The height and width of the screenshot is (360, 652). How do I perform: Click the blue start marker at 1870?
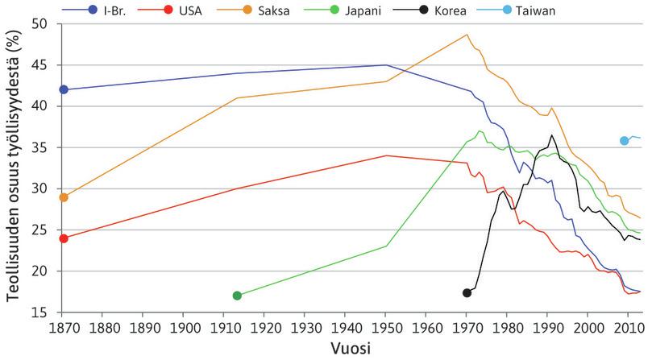click(64, 89)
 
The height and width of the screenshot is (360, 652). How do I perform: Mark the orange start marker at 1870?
click(64, 197)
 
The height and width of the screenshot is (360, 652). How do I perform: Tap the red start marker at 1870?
click(64, 238)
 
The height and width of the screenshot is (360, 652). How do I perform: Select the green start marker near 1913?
click(237, 296)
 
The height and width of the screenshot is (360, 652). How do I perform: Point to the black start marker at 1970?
click(467, 292)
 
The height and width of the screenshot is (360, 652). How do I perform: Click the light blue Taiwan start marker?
click(624, 141)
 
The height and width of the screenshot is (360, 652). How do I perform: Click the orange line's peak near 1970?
click(467, 35)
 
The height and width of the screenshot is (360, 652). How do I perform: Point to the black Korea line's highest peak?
click(551, 135)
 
